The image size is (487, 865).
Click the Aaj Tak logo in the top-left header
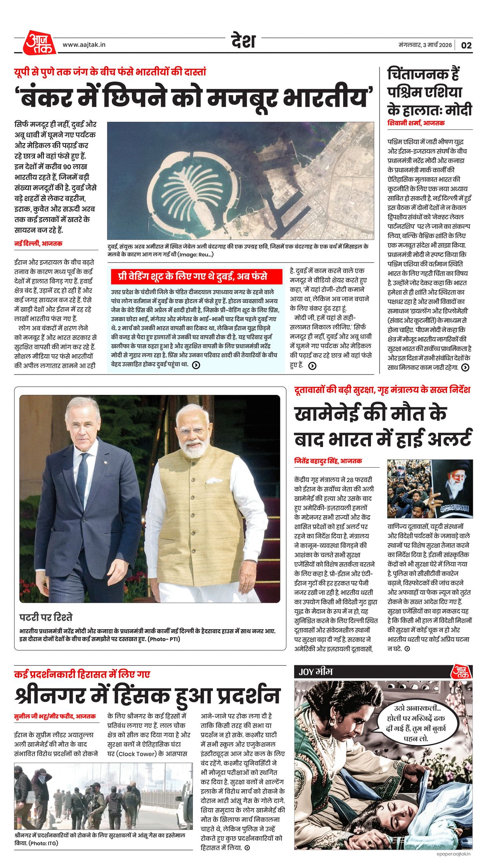coord(39,43)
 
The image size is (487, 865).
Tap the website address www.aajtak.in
coord(84,45)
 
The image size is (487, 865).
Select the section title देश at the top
coord(243,41)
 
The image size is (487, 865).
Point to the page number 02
coord(466,45)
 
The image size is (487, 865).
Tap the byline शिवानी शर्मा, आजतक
coord(416,123)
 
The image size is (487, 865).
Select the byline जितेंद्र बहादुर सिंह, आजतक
coord(328,461)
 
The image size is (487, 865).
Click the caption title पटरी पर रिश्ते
coord(46,617)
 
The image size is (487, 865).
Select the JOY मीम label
coord(316,672)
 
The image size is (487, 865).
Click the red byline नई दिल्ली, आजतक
coord(38,243)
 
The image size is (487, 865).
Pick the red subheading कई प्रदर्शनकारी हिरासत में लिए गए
coord(82,674)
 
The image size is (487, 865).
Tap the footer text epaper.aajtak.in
coord(453,854)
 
